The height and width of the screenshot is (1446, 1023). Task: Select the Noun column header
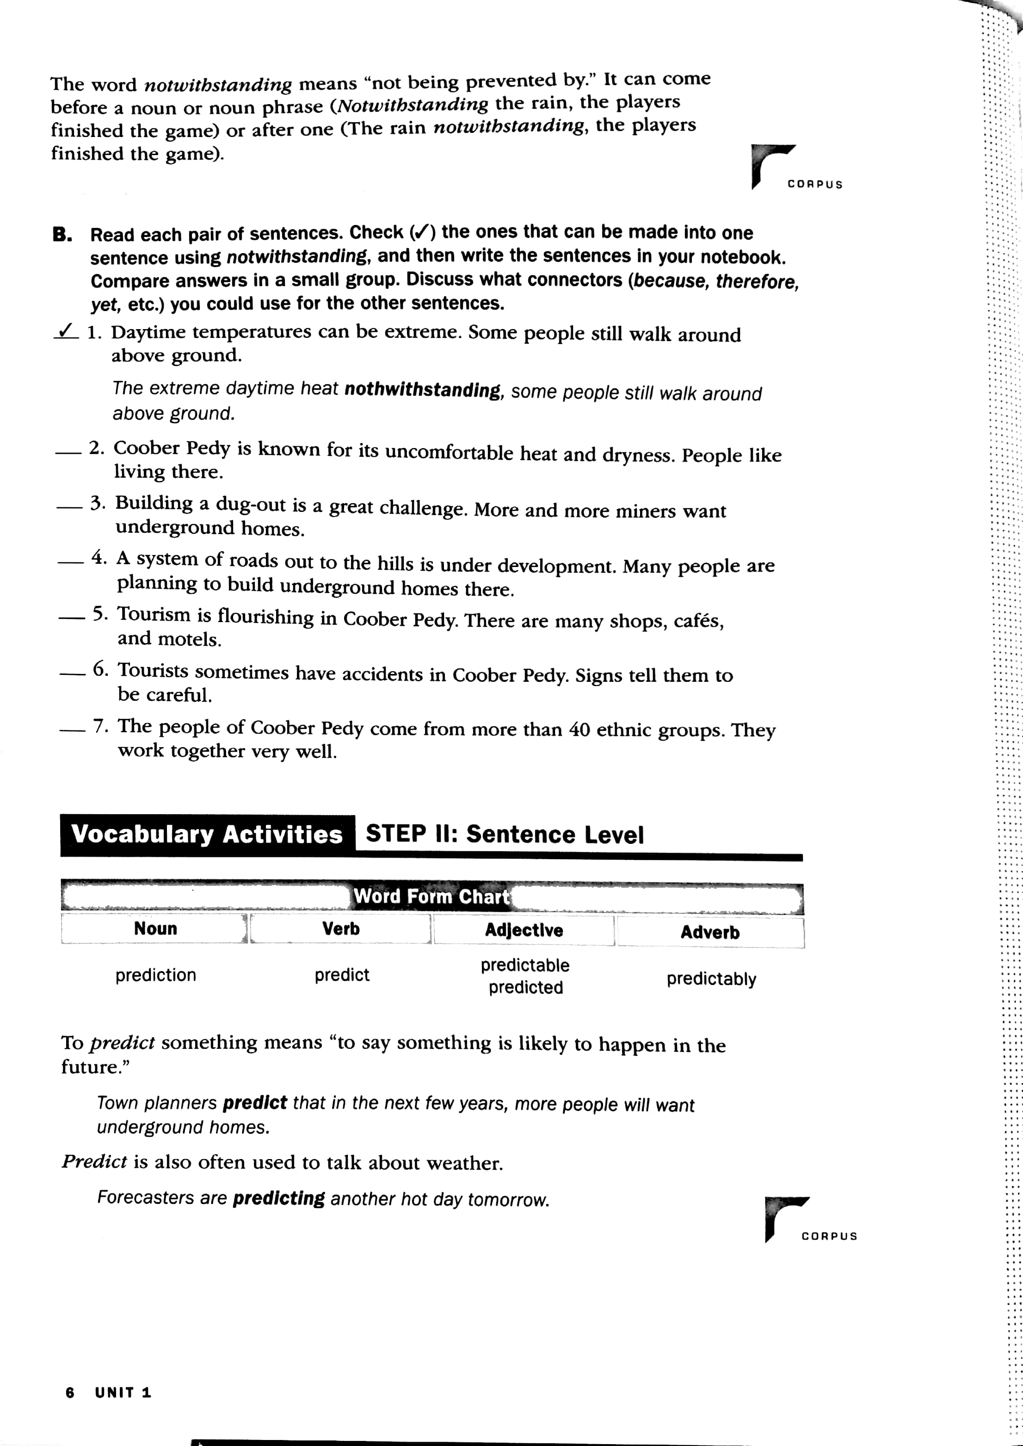click(x=155, y=929)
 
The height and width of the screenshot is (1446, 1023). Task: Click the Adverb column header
click(x=710, y=932)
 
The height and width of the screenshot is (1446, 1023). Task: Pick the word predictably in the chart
click(x=711, y=979)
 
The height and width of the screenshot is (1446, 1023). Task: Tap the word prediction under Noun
click(x=155, y=975)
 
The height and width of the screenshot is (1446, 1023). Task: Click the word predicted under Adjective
click(x=525, y=987)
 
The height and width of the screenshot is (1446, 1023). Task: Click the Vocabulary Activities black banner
click(x=207, y=835)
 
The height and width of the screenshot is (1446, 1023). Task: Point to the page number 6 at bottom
click(x=70, y=1393)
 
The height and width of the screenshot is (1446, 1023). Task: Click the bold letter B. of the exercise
click(x=62, y=235)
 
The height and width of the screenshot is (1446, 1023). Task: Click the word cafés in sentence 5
click(x=698, y=622)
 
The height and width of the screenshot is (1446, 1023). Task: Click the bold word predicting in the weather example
click(x=278, y=1198)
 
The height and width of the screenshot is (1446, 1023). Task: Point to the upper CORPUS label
click(x=814, y=185)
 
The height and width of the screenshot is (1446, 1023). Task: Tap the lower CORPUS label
click(x=829, y=1236)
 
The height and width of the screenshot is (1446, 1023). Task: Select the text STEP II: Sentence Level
click(x=505, y=834)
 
